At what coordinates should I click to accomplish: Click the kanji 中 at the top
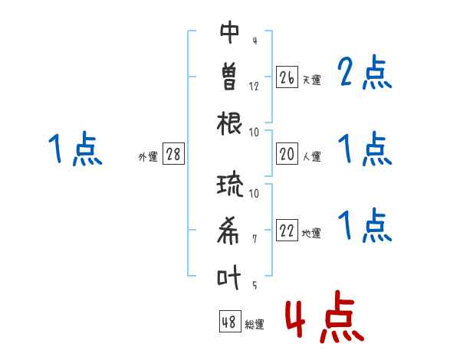[230, 32]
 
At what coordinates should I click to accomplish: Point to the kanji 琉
[230, 185]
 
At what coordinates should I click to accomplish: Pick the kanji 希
[228, 231]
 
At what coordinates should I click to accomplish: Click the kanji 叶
[228, 277]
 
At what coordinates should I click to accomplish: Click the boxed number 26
[287, 77]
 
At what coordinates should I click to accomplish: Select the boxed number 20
[287, 154]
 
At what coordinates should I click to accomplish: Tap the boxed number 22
[287, 230]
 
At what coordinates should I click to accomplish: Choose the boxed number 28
[173, 154]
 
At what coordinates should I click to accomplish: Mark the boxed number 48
[230, 321]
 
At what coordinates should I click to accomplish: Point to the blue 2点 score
[365, 72]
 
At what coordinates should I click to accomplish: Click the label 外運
[148, 157]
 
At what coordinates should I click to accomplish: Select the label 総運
[255, 325]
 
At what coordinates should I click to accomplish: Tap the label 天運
[312, 80]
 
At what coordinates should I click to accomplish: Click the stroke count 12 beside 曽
[254, 87]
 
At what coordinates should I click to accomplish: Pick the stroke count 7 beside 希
[255, 239]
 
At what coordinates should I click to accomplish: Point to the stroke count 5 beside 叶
[255, 285]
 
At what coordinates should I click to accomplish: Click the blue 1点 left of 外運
[75, 149]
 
